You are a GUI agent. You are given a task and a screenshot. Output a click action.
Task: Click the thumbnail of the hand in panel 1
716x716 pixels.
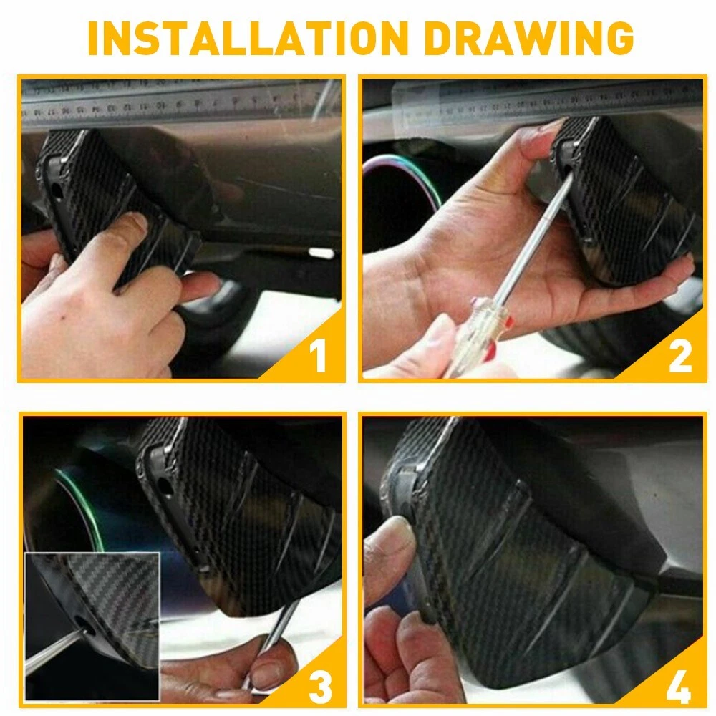(x=135, y=223)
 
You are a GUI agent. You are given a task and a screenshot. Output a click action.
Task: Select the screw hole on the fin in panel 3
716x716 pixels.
(x=165, y=487)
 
